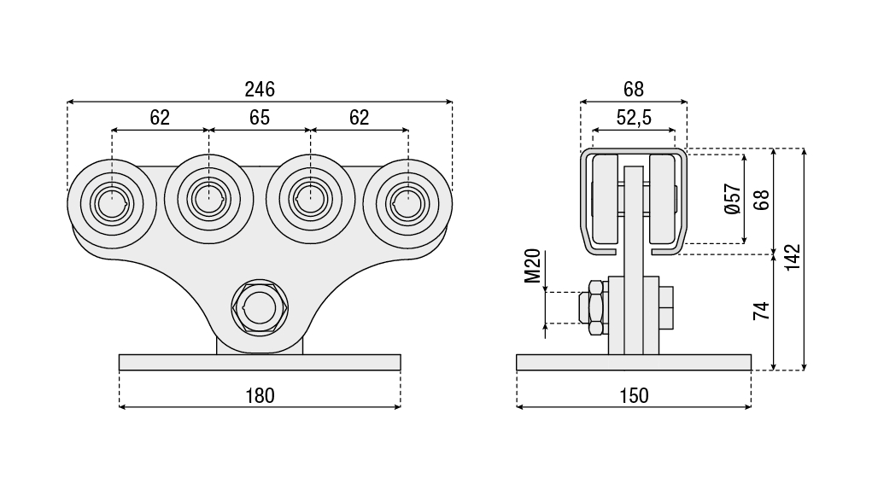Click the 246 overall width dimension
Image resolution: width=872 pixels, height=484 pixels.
(259, 89)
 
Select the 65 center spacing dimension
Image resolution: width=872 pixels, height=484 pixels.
(260, 118)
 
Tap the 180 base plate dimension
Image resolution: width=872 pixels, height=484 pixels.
(260, 395)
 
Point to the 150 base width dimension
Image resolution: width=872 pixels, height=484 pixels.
(633, 395)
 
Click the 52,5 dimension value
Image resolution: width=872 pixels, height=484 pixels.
(633, 118)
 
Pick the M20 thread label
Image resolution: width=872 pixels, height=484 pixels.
(533, 265)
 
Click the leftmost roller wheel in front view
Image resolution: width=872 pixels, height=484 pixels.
(111, 203)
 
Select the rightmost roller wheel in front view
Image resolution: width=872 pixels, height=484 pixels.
(407, 203)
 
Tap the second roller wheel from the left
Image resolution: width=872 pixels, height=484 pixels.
(209, 200)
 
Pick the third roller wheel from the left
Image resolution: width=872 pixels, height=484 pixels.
(309, 200)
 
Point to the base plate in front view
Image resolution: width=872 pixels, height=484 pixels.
(260, 362)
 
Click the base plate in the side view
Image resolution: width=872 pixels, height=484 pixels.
(633, 362)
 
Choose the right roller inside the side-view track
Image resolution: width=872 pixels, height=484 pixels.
(661, 199)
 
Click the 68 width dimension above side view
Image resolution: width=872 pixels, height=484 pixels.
(633, 89)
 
